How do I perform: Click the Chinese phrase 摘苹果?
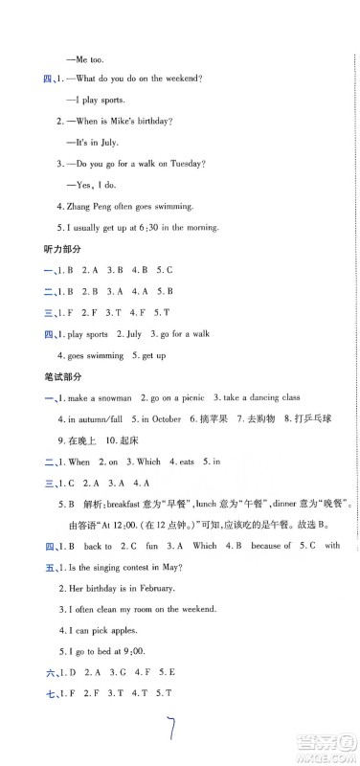(211, 418)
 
